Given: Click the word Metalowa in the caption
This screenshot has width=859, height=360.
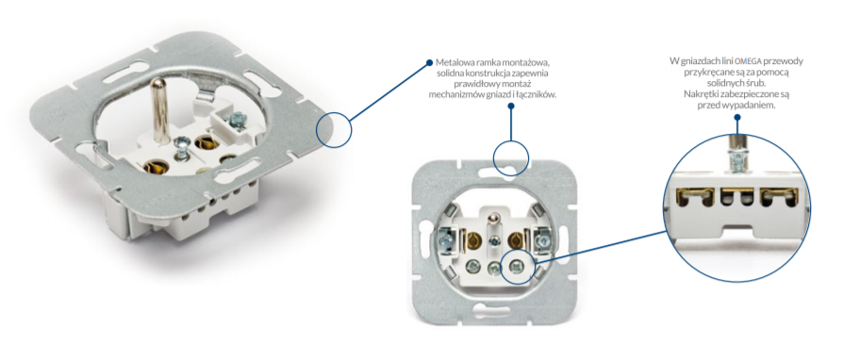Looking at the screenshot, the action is pos(453,62).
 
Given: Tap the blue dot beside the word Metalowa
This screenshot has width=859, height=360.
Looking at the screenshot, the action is pos(430,62).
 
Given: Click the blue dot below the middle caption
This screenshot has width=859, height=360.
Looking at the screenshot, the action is pos(510,106).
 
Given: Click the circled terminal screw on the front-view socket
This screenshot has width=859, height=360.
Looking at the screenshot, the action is pos(515,267).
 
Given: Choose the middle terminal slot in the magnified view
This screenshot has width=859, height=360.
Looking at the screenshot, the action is pos(736,198).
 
